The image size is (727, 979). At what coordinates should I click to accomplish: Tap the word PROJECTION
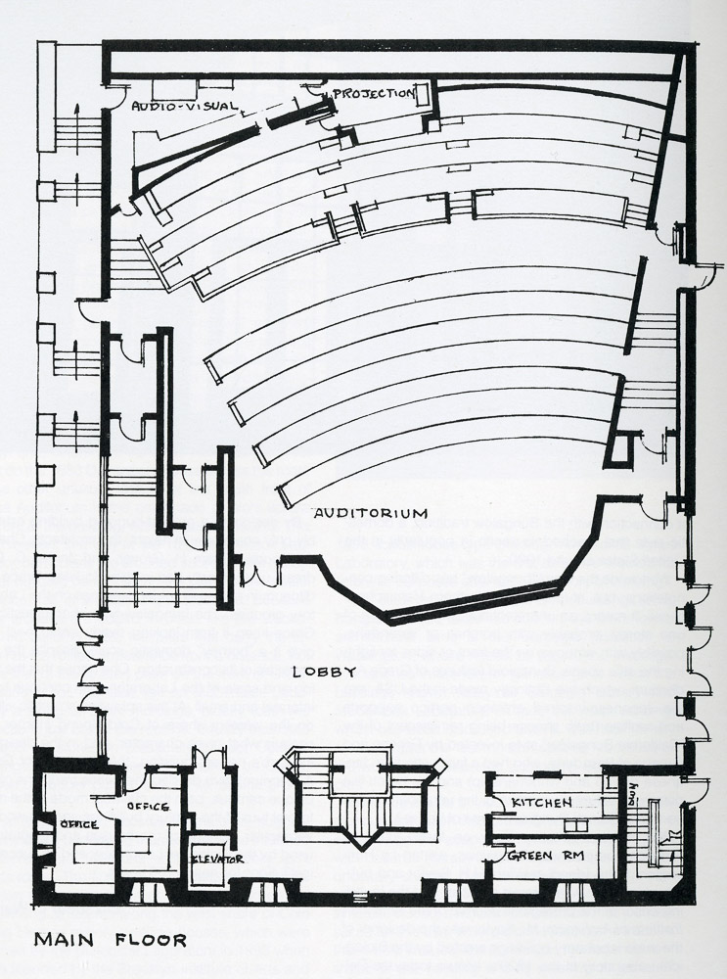point(373,93)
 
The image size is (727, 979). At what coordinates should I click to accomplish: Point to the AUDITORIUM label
point(371,513)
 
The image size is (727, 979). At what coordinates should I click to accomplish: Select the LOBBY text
point(324,672)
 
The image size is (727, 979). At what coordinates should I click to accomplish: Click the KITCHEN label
point(541,803)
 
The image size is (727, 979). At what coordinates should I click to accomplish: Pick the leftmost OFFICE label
point(77,824)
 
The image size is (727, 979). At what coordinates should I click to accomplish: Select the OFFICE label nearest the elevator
point(148,807)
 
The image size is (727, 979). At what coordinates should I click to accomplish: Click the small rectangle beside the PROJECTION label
point(422,95)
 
